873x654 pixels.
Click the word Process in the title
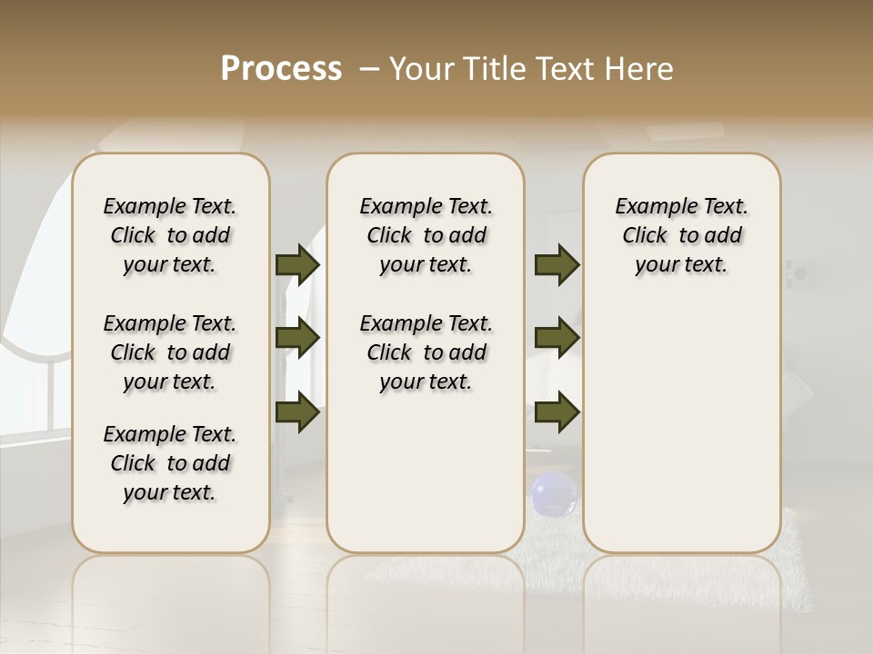[281, 69]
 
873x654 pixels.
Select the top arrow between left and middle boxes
[297, 264]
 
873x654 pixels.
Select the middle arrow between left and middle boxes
[297, 339]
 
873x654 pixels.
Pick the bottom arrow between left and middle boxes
[297, 412]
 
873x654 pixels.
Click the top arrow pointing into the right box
[557, 264]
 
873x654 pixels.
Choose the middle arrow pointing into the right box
[557, 339]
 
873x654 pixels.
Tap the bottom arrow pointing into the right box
[557, 412]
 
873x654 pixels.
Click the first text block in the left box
[170, 235]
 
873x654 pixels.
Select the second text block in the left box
[170, 352]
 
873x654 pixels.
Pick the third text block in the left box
[170, 463]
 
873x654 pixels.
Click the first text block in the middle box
[426, 235]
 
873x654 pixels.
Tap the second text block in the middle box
[426, 352]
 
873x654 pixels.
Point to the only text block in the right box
[682, 235]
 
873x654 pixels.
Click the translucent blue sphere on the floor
[553, 493]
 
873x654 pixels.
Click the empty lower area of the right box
[682, 427]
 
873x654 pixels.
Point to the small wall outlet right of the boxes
[800, 272]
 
